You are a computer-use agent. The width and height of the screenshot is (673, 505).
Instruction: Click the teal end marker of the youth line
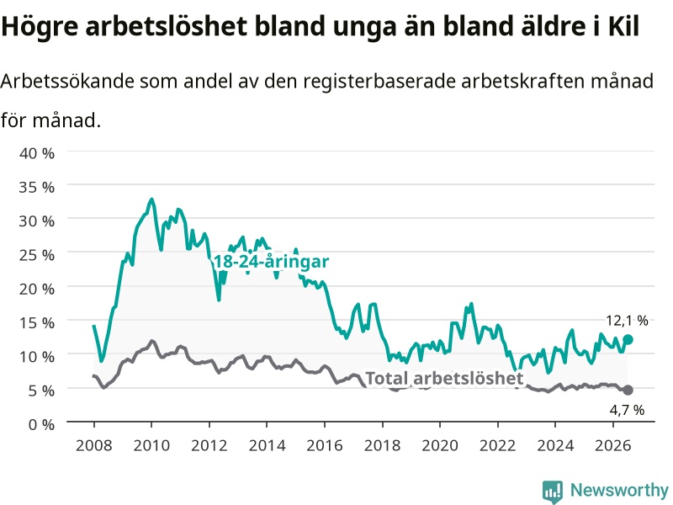[x=628, y=340]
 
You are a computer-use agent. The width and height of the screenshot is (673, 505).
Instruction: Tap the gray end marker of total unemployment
[x=628, y=390]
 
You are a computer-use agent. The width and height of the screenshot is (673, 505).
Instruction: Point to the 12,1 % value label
[x=627, y=321]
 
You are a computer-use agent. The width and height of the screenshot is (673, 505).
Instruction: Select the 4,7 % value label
[x=627, y=410]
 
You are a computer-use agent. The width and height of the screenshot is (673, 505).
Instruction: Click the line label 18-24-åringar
[x=271, y=262]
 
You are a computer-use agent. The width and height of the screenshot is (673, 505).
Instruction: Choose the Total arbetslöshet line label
[x=444, y=378]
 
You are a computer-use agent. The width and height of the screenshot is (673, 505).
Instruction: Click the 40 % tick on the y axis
[x=37, y=153]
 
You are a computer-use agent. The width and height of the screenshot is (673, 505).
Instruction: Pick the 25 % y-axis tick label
[x=37, y=255]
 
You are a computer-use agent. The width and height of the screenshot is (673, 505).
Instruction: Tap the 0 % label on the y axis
[x=41, y=424]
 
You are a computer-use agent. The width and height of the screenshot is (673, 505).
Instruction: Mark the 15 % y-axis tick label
[x=37, y=323]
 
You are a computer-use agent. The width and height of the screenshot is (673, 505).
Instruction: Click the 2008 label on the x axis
[x=94, y=445]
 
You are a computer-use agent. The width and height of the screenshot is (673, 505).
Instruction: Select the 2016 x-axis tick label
[x=325, y=445]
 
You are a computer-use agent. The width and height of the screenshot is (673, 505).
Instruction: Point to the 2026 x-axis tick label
[x=613, y=445]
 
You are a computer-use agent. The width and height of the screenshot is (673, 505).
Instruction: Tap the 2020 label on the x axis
[x=440, y=445]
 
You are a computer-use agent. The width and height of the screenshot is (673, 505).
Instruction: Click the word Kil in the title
[x=623, y=26]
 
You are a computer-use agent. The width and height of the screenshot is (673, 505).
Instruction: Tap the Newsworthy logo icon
[x=553, y=492]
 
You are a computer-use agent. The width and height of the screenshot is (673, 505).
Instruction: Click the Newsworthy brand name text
[x=619, y=490]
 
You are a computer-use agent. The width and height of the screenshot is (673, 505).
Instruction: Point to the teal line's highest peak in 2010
[x=151, y=199]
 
